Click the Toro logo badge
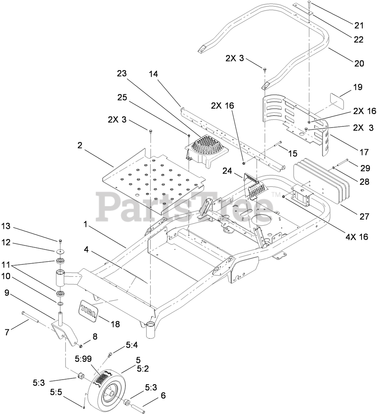(88, 311)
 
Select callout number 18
(115, 324)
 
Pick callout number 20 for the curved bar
(359, 63)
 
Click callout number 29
(364, 168)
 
